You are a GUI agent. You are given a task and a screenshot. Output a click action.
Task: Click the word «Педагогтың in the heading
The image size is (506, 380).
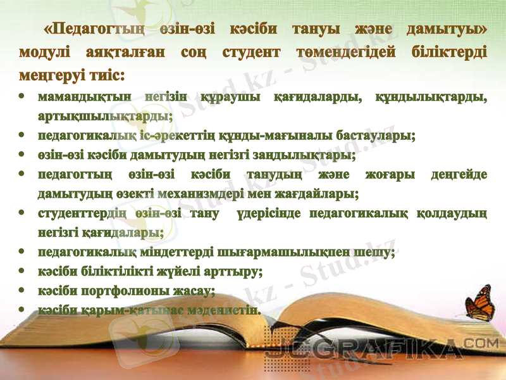pyautogui.click(x=94, y=29)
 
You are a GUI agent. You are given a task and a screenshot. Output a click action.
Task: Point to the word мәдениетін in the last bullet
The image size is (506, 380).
pyautogui.click(x=223, y=310)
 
